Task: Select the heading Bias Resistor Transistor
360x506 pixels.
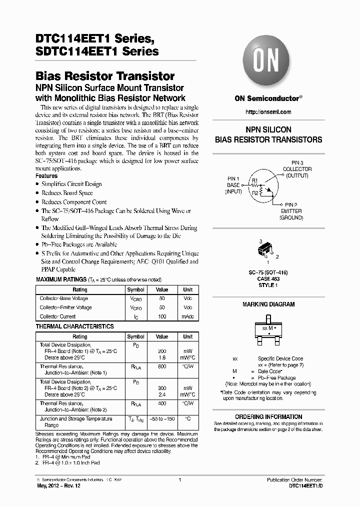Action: (105, 76)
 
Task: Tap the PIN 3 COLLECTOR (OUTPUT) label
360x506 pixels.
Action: (297, 169)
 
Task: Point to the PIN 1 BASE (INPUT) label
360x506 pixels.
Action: (233, 185)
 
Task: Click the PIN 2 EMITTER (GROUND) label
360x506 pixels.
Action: (290, 211)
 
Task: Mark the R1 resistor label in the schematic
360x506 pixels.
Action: (254, 180)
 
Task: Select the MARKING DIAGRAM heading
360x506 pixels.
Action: (268, 304)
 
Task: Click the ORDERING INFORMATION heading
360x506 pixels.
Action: (268, 416)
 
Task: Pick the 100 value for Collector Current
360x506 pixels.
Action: (162, 316)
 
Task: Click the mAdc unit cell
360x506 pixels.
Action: (187, 316)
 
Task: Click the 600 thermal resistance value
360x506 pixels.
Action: (162, 366)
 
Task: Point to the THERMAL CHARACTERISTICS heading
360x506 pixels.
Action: (75, 326)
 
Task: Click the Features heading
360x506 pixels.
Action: (46, 176)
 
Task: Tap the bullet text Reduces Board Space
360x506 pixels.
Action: (67, 193)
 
